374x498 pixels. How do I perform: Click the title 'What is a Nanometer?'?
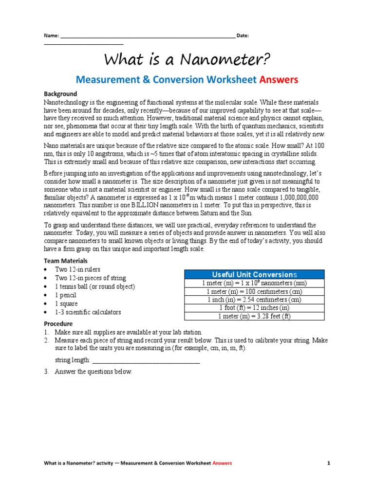coord(187,60)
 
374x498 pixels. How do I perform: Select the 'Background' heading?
coord(60,94)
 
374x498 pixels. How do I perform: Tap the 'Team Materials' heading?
coord(66,261)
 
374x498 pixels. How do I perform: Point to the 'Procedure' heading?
coord(58,324)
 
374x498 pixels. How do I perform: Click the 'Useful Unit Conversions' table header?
coord(254,274)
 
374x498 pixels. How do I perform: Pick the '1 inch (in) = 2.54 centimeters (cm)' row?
coord(254,300)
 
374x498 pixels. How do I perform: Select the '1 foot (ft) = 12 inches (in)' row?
coord(254,308)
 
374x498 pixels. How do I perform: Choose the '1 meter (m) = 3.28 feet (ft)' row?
coord(254,316)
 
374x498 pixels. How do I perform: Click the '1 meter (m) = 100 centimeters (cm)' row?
coord(254,291)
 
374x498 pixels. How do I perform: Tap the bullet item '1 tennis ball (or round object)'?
coord(94,287)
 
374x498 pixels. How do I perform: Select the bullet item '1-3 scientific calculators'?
coord(88,312)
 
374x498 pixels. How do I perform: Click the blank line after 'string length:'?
coord(146,360)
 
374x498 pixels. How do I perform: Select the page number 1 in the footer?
coord(329,463)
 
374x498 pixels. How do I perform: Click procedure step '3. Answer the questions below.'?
coord(93,372)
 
